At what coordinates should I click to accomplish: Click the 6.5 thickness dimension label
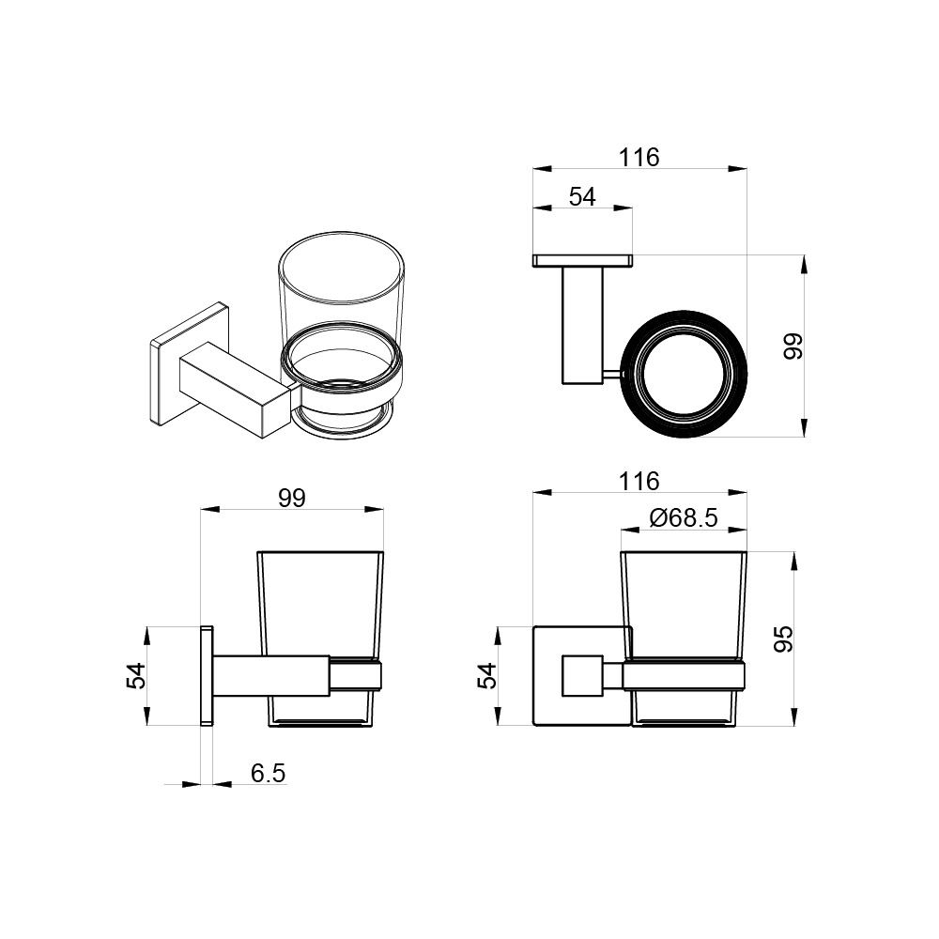pyautogui.click(x=268, y=773)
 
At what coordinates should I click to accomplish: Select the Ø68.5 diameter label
pyautogui.click(x=683, y=517)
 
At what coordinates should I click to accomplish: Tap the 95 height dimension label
pyautogui.click(x=783, y=639)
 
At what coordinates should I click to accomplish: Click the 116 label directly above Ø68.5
pyautogui.click(x=639, y=481)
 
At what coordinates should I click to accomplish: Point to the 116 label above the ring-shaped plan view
pyautogui.click(x=639, y=158)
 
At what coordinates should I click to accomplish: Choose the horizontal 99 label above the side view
pyautogui.click(x=292, y=498)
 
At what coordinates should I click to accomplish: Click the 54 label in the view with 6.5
pyautogui.click(x=136, y=676)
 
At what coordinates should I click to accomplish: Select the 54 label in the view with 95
pyautogui.click(x=487, y=676)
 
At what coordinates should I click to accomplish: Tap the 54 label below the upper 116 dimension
pyautogui.click(x=582, y=196)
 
